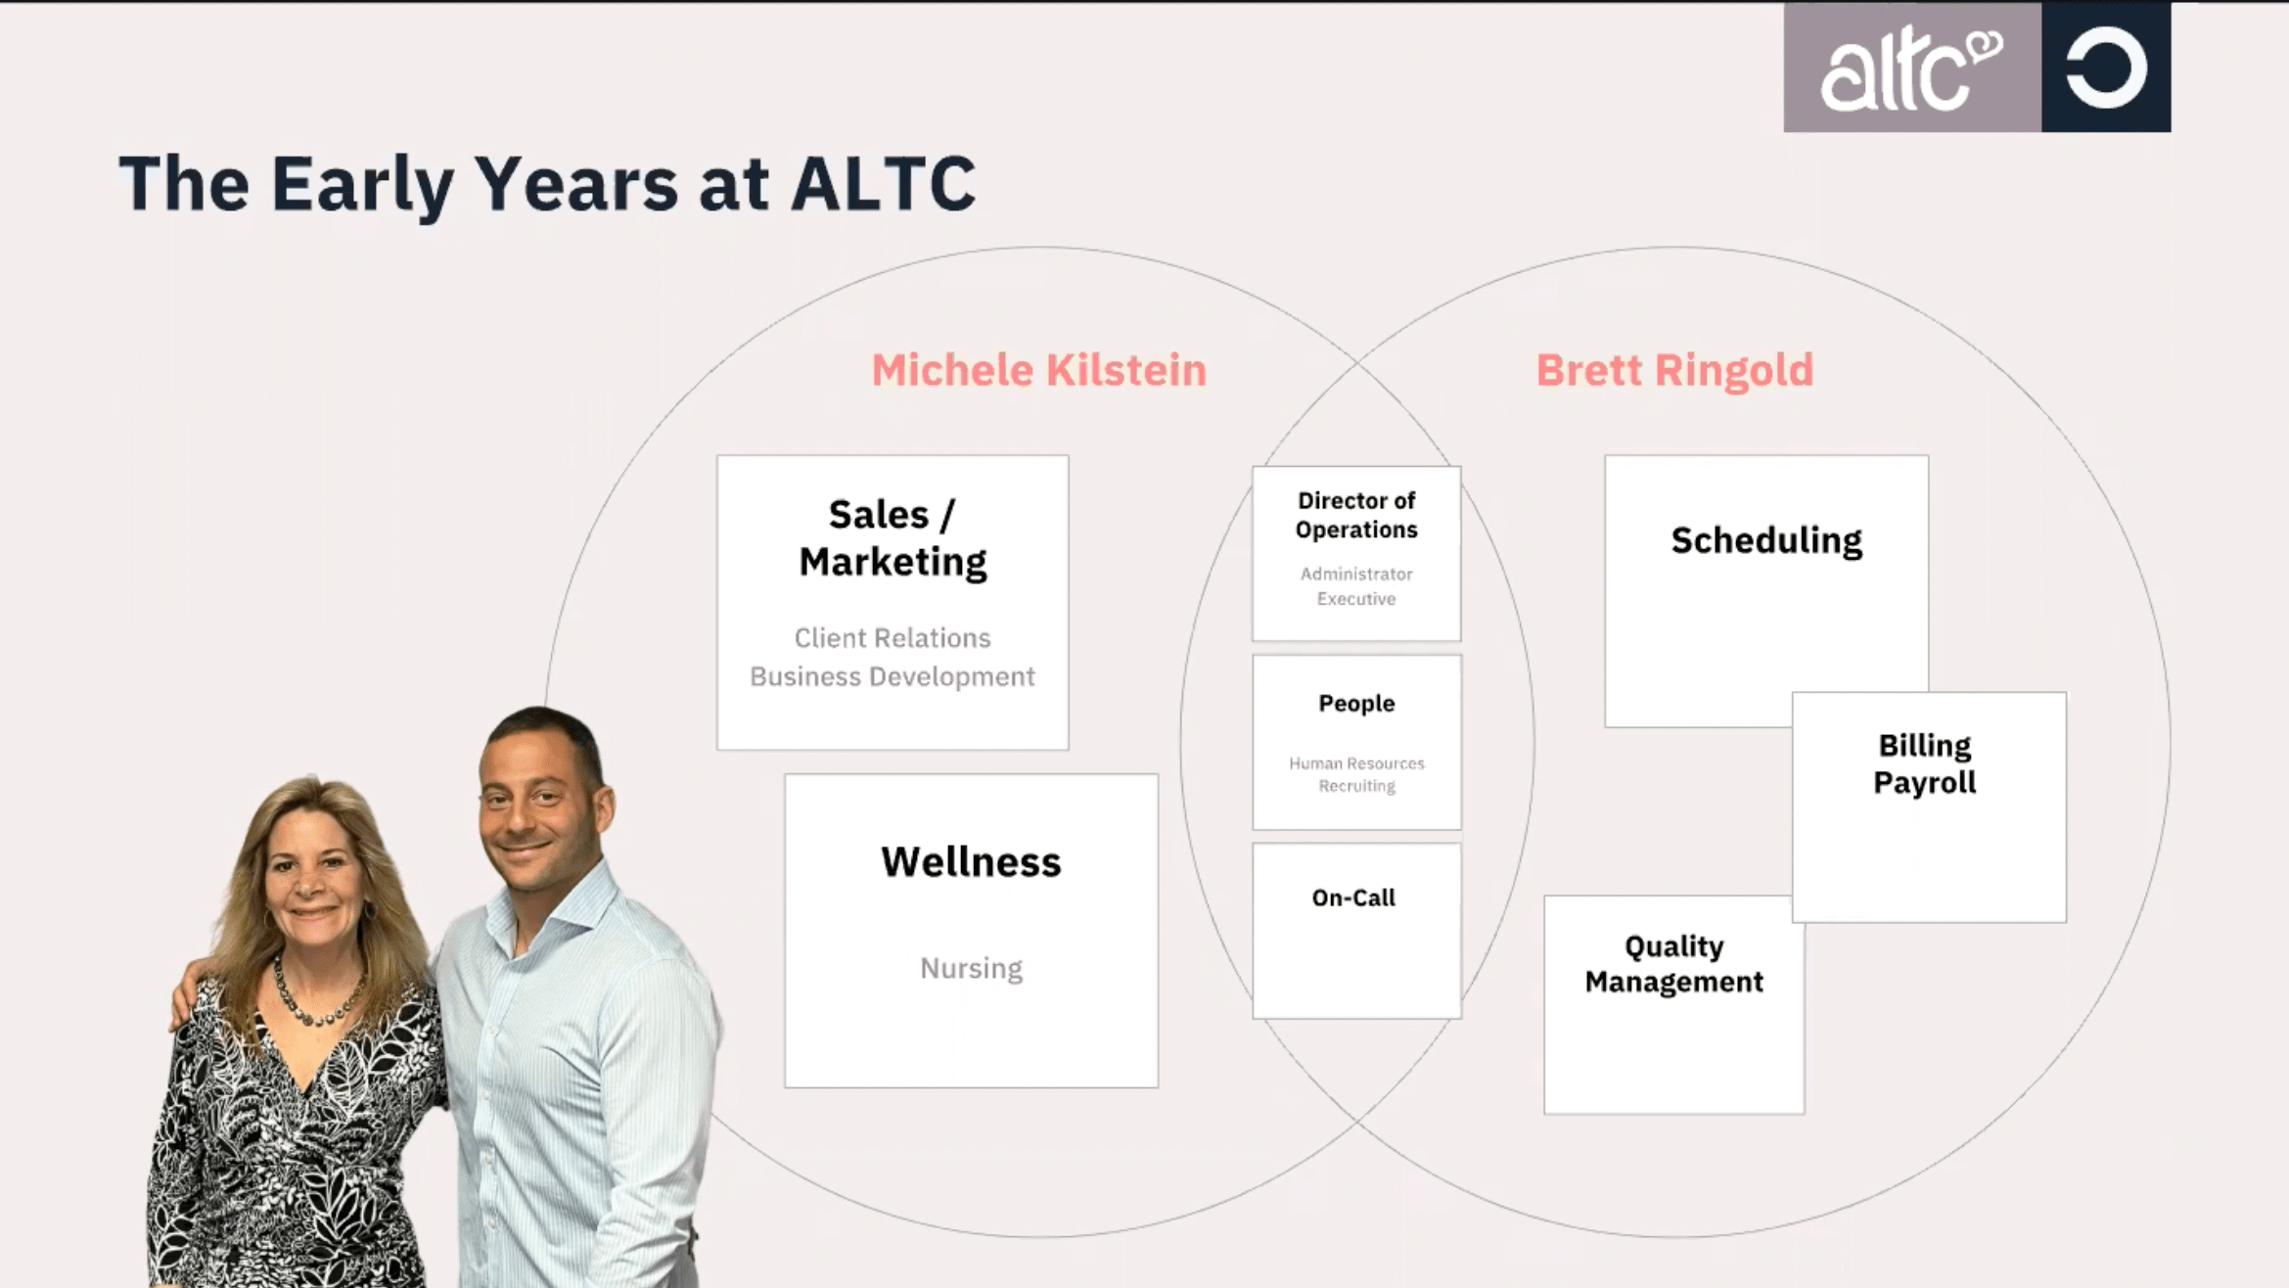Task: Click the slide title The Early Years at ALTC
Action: (547, 183)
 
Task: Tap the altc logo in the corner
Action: (1911, 69)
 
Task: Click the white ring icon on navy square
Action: (2106, 68)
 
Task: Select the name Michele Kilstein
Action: (1038, 370)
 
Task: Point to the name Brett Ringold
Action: (1674, 371)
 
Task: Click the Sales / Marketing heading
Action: (893, 538)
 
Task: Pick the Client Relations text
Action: (893, 638)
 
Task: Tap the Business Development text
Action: (893, 676)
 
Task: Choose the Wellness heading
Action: (971, 862)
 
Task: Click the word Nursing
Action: (971, 968)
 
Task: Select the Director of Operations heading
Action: (1356, 515)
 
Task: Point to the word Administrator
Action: (1356, 574)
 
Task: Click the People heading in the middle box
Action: (1356, 704)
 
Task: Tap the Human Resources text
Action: (1356, 763)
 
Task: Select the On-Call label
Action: (1353, 897)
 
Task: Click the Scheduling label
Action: (1766, 540)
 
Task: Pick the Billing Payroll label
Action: (1925, 764)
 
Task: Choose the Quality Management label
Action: (1674, 964)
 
